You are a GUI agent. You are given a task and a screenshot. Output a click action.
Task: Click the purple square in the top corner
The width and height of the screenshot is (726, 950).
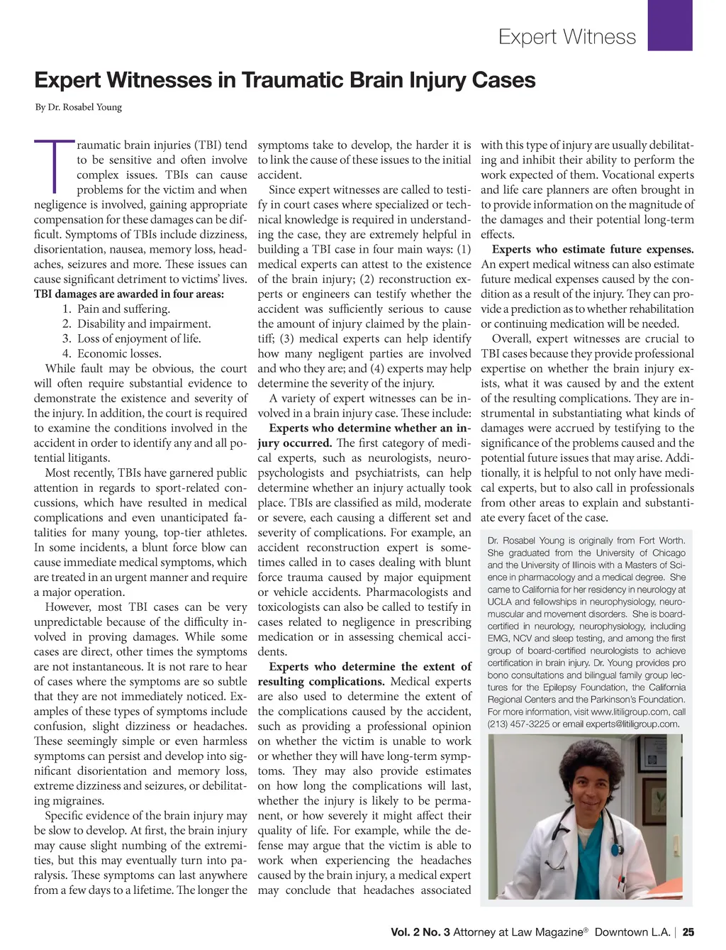tap(670, 26)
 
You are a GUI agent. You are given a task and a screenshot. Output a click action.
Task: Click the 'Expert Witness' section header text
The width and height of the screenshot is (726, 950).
tap(567, 37)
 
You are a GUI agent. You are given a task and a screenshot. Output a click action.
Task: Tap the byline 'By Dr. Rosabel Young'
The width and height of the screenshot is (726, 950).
tap(79, 108)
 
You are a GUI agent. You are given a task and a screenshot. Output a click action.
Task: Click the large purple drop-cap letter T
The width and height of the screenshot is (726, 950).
tap(54, 166)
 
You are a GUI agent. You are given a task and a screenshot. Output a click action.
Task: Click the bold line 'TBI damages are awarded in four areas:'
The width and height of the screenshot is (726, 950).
tap(129, 294)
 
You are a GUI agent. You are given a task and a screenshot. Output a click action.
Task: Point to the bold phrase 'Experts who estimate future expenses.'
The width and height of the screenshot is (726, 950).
tap(593, 250)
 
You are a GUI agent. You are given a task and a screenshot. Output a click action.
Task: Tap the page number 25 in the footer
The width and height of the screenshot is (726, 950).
tap(688, 932)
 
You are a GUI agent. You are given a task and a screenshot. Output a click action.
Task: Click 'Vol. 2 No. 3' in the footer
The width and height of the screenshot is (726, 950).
tap(420, 932)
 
